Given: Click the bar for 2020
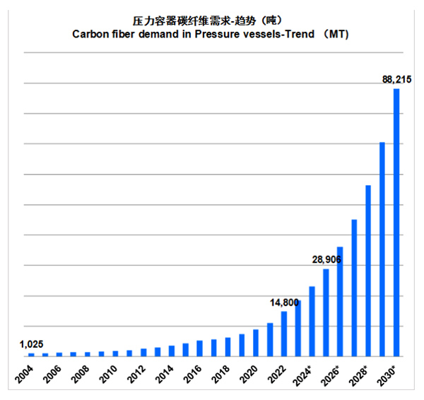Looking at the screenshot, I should point(256,343).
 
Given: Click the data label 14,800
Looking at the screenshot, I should point(285,302).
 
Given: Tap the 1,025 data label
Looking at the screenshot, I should point(31,344).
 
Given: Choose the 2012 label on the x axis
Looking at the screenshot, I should point(137,373).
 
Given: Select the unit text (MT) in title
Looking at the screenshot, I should point(336,33).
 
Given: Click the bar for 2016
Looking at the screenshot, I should point(200,348).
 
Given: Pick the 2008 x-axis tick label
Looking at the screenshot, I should point(81,373).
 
